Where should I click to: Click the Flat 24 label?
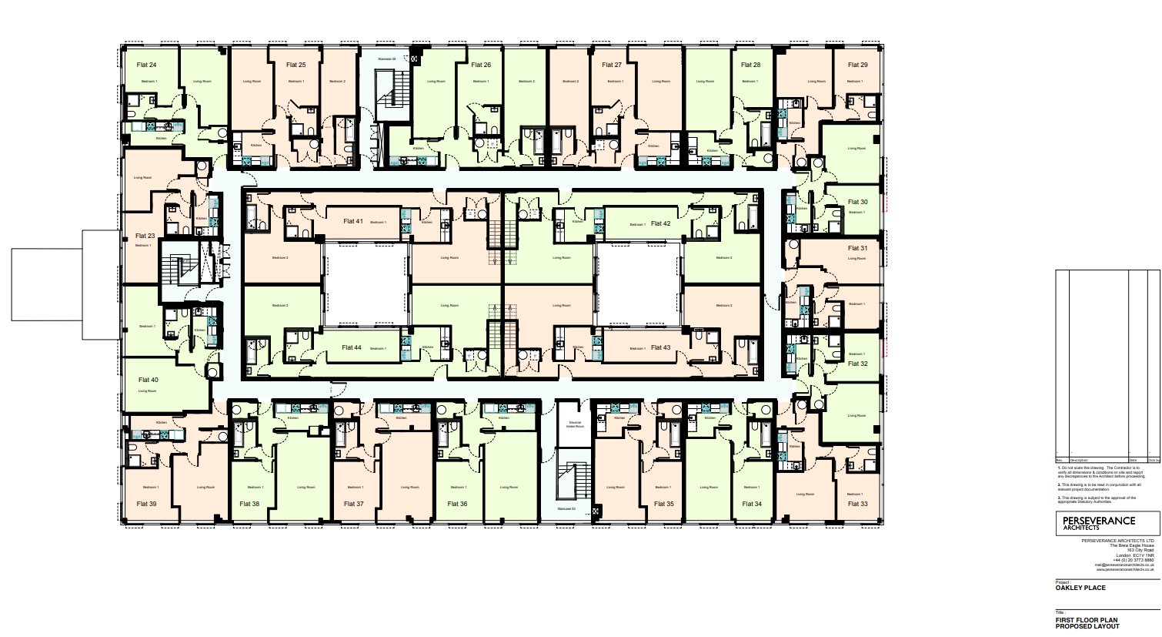pos(146,65)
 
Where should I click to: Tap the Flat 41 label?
pos(353,221)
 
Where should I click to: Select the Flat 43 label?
pos(661,347)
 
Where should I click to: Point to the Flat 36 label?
pos(458,504)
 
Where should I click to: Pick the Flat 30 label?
pos(858,202)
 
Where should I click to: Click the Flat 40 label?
pos(149,380)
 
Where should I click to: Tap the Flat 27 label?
pos(612,65)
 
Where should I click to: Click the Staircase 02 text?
pos(387,59)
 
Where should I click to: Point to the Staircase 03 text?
pos(570,509)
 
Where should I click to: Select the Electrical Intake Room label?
pos(575,424)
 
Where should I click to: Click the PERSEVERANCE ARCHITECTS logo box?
pos(1107,524)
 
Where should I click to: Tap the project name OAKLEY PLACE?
pos(1080,588)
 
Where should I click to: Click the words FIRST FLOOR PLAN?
pos(1087,620)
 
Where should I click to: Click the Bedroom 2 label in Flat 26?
pos(526,81)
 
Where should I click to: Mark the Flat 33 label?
pos(858,504)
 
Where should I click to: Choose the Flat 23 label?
pos(145,236)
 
